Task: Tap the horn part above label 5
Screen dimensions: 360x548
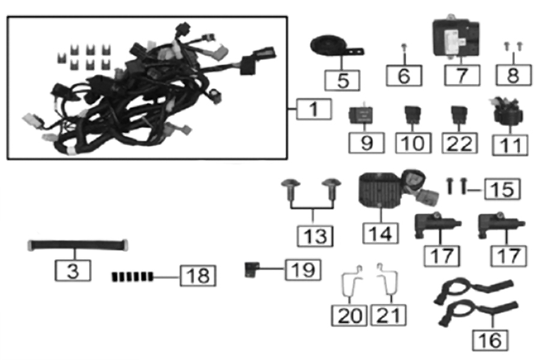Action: point(328,46)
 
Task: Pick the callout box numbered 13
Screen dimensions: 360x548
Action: point(315,235)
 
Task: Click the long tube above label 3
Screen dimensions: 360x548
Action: point(79,245)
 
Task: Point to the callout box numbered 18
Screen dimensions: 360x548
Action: point(197,276)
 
